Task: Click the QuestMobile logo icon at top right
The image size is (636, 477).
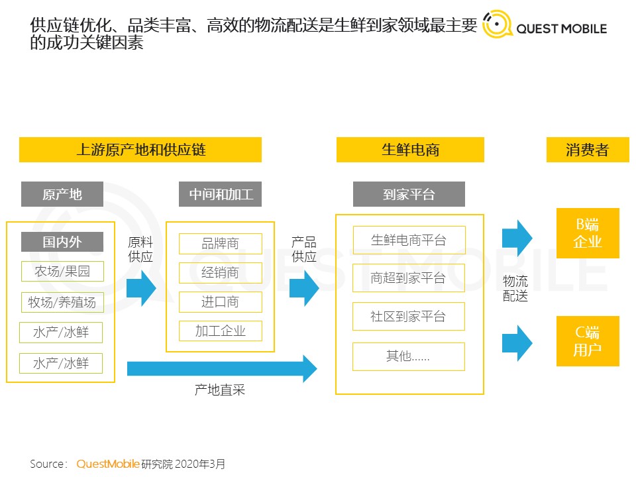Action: (x=496, y=25)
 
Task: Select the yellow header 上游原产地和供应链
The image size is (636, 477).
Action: (x=140, y=150)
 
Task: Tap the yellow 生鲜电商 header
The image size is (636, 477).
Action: (x=410, y=150)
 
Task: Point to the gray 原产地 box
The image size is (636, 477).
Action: (x=62, y=194)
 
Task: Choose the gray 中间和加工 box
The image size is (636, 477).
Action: (x=221, y=194)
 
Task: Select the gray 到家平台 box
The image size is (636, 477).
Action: (x=409, y=194)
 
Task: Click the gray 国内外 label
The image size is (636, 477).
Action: (x=62, y=242)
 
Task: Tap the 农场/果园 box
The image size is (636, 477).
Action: (x=62, y=272)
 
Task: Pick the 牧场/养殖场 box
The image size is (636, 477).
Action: (x=62, y=302)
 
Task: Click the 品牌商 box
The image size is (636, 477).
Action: (x=221, y=244)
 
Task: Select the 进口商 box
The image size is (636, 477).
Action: (x=221, y=302)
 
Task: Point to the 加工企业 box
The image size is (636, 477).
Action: (x=221, y=331)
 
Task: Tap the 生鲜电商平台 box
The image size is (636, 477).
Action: (x=409, y=240)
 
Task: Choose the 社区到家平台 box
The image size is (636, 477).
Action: (x=409, y=317)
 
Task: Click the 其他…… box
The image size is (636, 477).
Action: (x=409, y=356)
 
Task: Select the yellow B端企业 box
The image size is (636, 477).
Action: (x=588, y=233)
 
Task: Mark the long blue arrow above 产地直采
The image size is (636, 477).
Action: (x=222, y=368)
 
